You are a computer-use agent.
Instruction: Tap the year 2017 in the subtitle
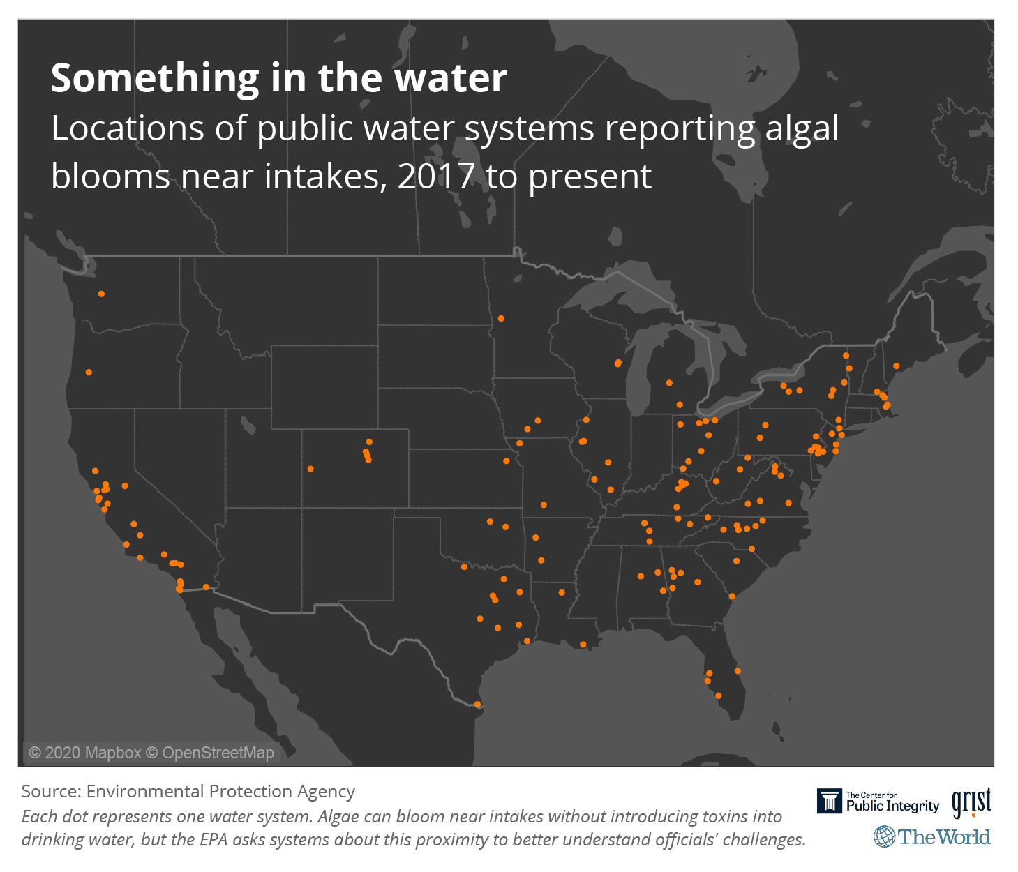(436, 176)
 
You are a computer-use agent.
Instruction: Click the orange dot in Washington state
(102, 294)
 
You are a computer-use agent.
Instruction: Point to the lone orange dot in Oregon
(89, 373)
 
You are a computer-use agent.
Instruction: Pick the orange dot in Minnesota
(501, 319)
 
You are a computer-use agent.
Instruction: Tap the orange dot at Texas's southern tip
(477, 705)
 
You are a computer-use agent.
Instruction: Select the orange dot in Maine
(896, 366)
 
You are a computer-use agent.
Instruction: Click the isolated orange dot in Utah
(310, 469)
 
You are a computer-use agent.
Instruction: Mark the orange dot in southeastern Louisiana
(583, 645)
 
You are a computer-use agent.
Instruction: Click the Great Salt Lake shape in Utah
(247, 424)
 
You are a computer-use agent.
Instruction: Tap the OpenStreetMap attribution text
(218, 753)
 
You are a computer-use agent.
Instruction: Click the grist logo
(971, 802)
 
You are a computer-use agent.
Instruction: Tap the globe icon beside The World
(884, 836)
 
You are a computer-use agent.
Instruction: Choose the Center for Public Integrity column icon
(830, 802)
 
